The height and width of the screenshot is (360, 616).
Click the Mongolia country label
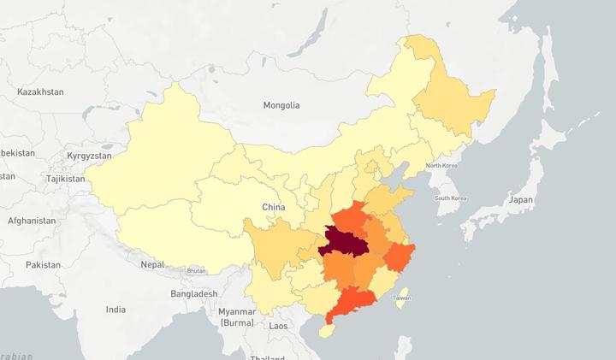(281, 105)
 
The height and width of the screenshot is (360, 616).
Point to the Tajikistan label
(66, 179)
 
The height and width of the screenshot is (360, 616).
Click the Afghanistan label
(31, 220)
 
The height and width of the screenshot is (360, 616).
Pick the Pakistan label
(43, 265)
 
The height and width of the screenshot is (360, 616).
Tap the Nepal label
(152, 264)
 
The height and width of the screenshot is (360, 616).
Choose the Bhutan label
(197, 270)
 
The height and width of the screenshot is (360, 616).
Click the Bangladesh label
(192, 293)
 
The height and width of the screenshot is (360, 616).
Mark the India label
(115, 309)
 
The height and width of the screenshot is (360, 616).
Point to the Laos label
(278, 326)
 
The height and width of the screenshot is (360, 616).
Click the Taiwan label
(401, 298)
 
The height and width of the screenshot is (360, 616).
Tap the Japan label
(520, 199)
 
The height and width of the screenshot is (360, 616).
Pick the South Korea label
(450, 198)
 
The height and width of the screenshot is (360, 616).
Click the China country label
(273, 207)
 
